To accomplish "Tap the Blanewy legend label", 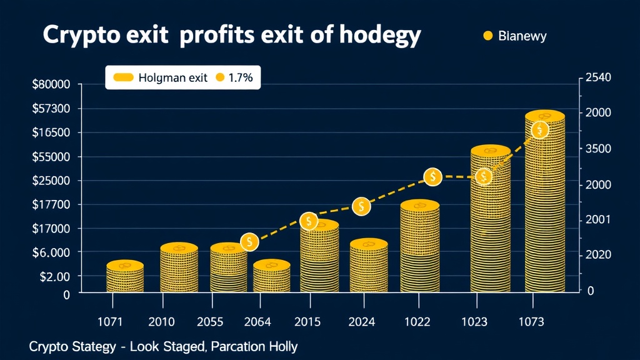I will [x=522, y=36].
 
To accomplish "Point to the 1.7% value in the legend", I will [x=240, y=77].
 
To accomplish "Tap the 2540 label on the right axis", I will [x=599, y=77].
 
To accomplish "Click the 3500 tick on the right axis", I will [x=599, y=149].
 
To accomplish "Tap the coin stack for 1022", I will [x=419, y=247].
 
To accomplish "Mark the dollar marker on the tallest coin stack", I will [x=540, y=130].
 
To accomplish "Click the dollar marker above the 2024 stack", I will [x=361, y=206].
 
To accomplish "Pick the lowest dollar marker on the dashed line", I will [x=249, y=241].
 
